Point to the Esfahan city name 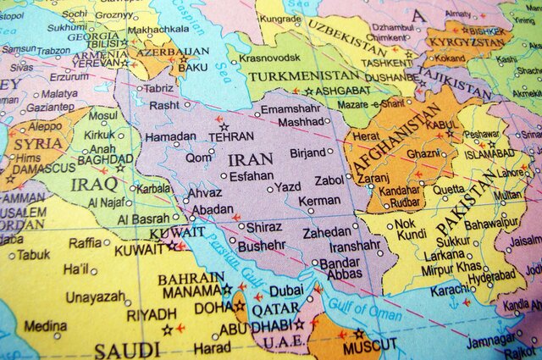click(252, 177)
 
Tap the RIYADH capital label click(152, 313)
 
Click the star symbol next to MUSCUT click(359, 333)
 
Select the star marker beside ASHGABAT click(308, 91)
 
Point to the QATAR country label click(270, 309)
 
